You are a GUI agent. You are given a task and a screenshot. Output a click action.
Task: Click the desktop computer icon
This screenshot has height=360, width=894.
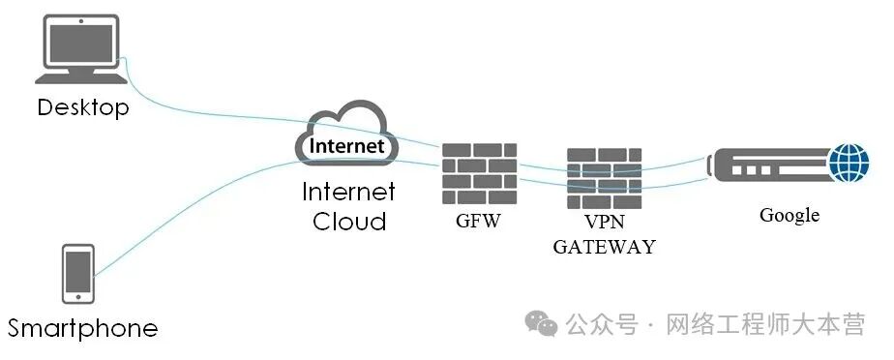coord(81,49)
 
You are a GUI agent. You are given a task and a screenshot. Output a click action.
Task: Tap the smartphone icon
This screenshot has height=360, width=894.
coord(78,274)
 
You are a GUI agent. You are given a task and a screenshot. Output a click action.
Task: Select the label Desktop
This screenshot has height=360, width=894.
coord(83,107)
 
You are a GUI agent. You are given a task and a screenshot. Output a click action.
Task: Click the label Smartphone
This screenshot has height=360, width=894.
coord(82,328)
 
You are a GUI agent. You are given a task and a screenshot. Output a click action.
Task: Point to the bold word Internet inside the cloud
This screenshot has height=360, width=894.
coord(346,145)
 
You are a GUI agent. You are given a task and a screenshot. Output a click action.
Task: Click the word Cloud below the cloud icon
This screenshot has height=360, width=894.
coord(349,221)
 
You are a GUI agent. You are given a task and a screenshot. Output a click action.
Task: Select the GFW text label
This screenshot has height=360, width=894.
coord(478,221)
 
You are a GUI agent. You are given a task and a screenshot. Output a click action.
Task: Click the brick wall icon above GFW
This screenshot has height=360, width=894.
coord(480,173)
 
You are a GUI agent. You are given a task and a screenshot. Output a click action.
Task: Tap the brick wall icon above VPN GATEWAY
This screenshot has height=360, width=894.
coord(604,179)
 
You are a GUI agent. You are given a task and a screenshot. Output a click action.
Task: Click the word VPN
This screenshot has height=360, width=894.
coord(605,222)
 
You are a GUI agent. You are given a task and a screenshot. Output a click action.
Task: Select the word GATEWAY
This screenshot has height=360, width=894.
coord(605,247)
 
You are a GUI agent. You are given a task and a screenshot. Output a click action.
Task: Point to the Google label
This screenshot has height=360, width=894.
coord(790,215)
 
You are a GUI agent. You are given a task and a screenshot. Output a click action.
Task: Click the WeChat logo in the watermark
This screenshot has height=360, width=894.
coord(541,323)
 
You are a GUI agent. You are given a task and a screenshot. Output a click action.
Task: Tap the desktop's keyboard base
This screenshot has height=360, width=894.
coord(81,78)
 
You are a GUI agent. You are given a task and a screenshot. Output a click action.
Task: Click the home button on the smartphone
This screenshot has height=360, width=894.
coord(78,297)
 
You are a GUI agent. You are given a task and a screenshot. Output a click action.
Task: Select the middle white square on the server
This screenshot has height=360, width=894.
coord(751,170)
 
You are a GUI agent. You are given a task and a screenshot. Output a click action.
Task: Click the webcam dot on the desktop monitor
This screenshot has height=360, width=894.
coord(81,21)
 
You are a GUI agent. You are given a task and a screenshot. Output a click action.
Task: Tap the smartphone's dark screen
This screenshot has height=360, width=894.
coord(78,271)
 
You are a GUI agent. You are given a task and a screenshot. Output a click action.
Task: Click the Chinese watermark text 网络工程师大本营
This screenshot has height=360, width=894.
coord(766,324)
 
